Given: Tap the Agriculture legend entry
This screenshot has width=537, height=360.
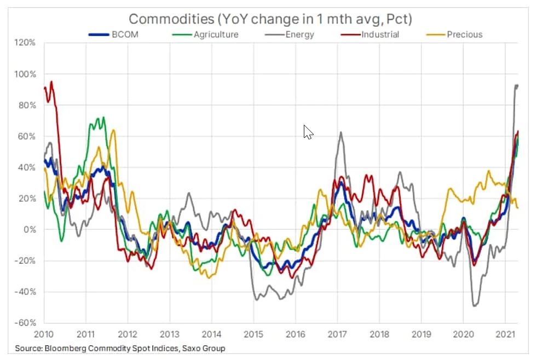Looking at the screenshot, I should click(x=216, y=34).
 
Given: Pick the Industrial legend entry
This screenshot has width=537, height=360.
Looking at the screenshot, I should click(x=380, y=34).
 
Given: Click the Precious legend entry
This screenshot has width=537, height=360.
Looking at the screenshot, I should click(x=464, y=34).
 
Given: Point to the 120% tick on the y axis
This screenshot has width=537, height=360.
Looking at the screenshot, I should click(x=26, y=43).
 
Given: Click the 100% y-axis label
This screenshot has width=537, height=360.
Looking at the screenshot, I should click(x=26, y=74).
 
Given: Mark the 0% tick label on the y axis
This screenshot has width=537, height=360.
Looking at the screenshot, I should click(x=30, y=229).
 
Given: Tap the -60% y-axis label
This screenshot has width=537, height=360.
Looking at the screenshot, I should click(x=26, y=323).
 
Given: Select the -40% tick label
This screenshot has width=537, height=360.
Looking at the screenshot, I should click(x=26, y=292).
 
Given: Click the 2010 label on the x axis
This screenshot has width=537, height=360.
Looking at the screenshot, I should click(x=44, y=334).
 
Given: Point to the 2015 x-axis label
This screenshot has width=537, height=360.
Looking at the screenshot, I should click(x=253, y=334).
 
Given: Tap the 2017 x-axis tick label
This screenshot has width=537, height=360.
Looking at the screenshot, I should click(x=337, y=334).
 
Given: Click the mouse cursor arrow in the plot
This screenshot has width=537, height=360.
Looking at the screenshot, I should click(x=308, y=132).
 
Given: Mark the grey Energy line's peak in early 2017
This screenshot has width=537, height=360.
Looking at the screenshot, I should click(x=340, y=132).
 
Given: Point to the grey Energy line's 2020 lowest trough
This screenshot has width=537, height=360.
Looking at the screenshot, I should click(x=474, y=306).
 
